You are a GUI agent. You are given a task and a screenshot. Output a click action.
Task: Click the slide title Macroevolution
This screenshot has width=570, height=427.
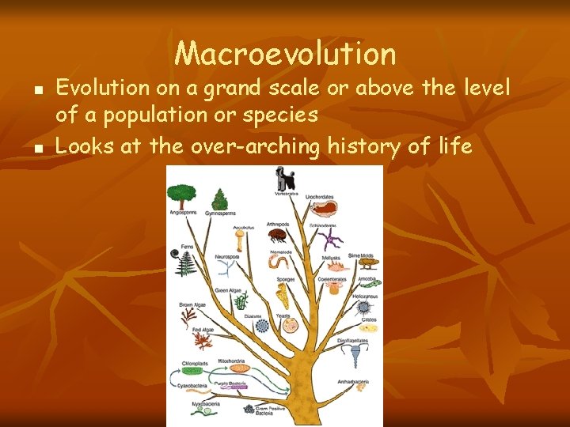coord(285,54)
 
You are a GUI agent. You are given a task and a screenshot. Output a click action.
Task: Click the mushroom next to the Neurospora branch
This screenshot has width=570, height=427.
coord(239,238)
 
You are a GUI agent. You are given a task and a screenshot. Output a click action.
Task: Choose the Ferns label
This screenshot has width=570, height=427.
coord(187,247)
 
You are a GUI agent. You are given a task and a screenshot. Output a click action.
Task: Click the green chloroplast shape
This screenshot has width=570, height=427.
coord(193,370)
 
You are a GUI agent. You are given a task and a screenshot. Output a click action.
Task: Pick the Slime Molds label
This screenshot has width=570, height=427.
coord(359,255)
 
